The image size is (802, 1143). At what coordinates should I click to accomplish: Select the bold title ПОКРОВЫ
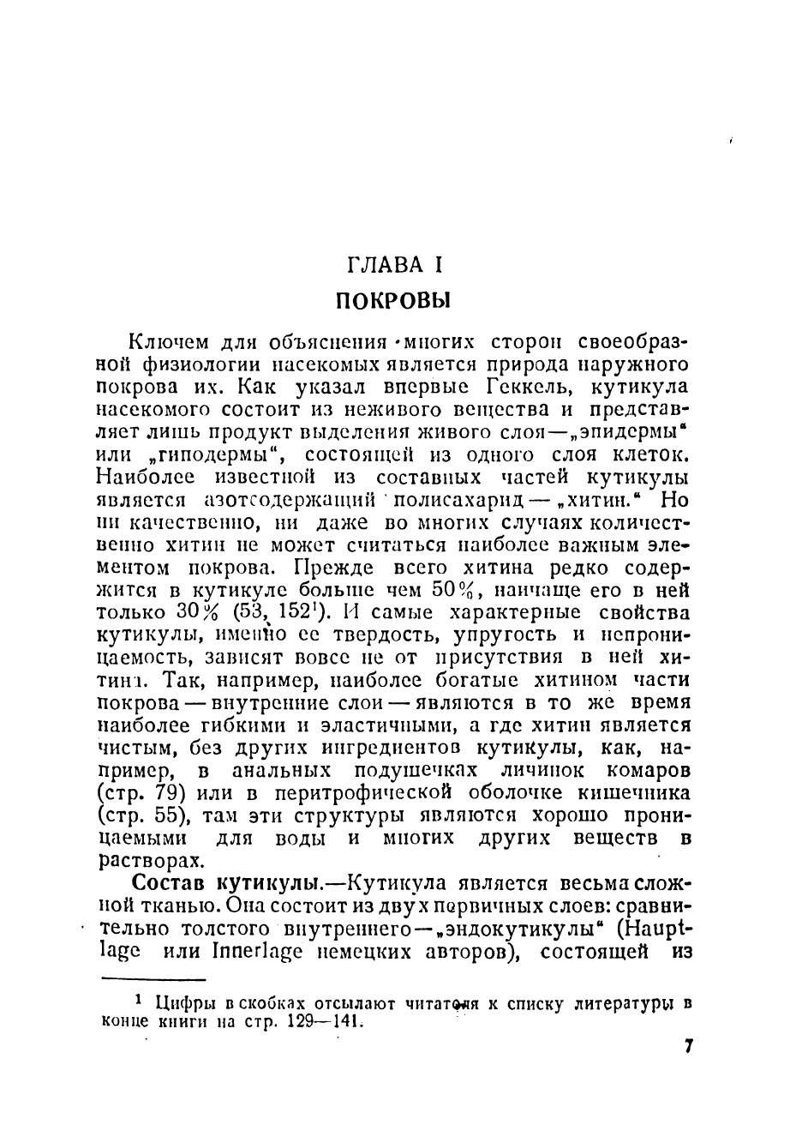coord(393,301)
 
